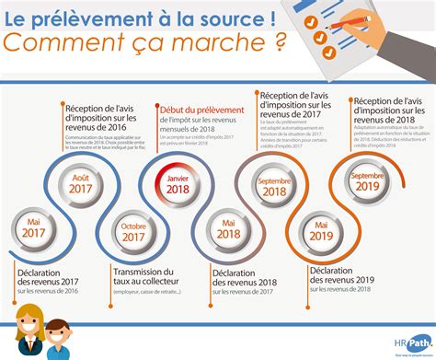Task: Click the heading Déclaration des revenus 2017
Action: pos(49,279)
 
